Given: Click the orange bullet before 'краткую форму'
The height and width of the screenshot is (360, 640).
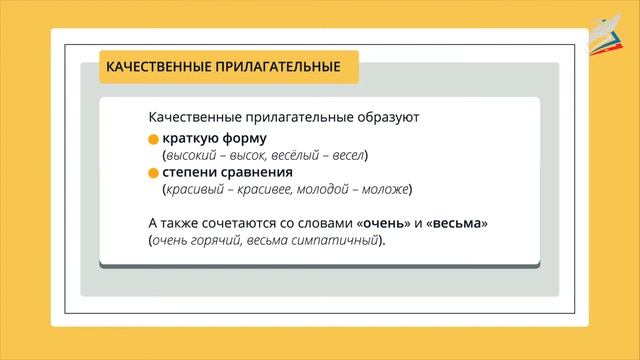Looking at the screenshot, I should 153,138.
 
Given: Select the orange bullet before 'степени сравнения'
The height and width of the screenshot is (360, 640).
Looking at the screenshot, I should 153,173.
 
